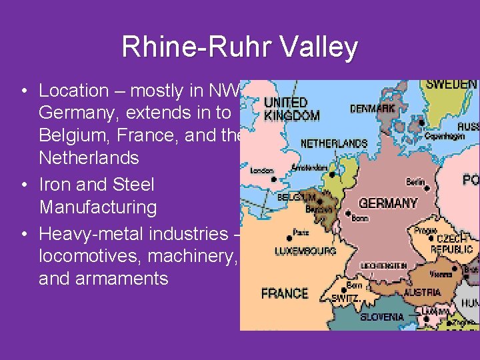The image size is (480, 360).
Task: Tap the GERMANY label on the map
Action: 388,203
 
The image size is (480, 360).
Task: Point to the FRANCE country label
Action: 285,293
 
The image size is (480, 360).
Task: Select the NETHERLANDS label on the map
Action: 333,143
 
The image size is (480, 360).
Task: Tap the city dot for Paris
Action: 287,237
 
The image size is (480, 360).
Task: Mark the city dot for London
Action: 273,179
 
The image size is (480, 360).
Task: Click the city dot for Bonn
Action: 348,213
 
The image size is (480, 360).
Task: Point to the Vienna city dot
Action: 454,269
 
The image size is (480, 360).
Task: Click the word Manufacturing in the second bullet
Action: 98,207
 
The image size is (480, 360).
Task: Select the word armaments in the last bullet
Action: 103,278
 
